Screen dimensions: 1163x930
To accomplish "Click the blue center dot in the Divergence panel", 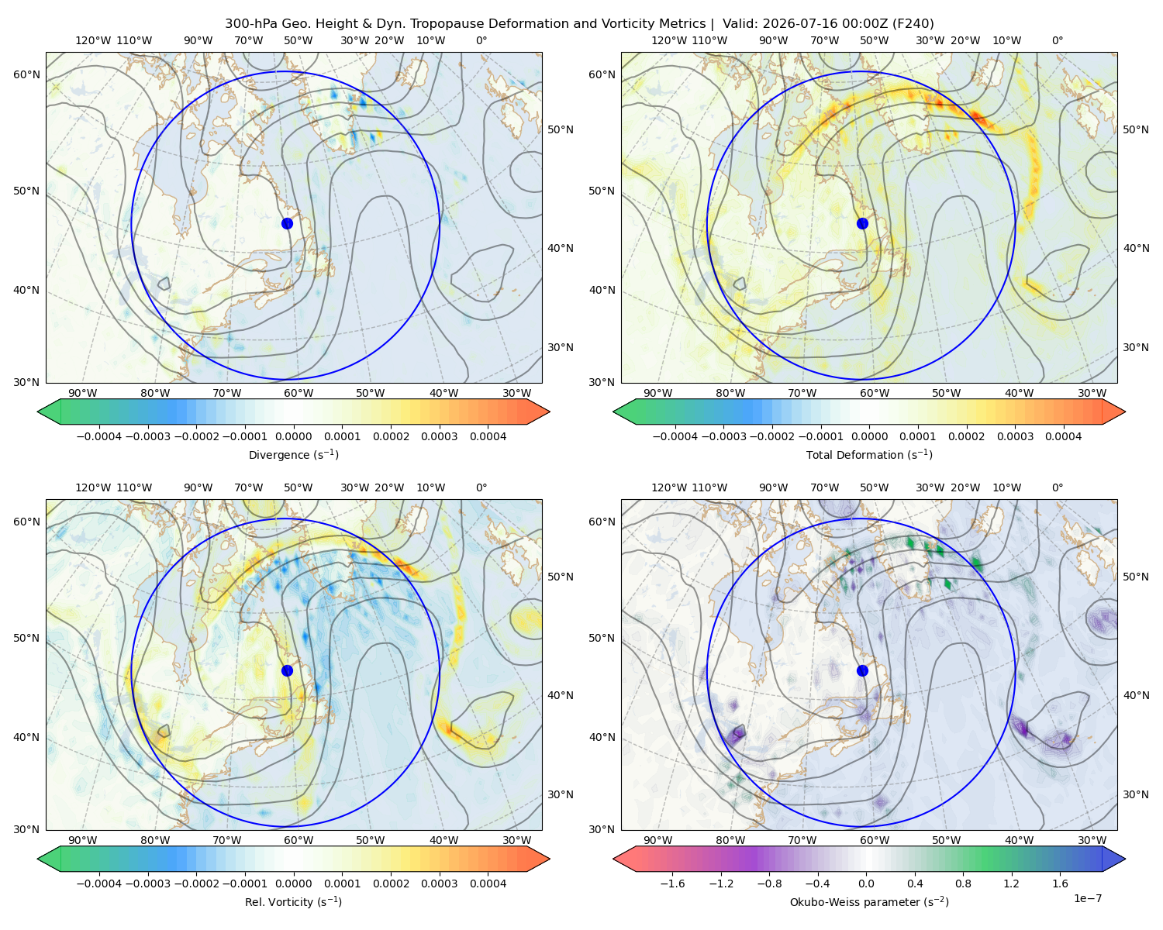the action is pos(287,223).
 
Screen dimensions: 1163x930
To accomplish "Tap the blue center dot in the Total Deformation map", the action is pos(862,223).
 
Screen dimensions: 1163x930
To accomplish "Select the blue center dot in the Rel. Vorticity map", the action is pos(287,670).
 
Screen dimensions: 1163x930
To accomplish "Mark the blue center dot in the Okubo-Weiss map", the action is pos(862,670).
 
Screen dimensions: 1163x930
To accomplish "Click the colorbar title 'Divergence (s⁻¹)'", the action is pos(293,454).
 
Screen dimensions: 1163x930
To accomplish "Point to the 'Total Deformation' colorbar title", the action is pos(869,454).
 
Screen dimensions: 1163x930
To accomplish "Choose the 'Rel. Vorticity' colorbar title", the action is pos(293,901).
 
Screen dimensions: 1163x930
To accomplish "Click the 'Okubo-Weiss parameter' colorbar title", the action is pos(869,901).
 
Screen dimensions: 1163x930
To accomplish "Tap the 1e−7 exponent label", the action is pos(1087,898).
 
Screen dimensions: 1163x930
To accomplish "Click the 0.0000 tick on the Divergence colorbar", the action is pos(293,436).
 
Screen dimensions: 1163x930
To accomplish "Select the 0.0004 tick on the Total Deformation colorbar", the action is pos(1063,436).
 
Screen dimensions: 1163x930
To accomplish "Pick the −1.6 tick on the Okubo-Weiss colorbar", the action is pos(672,883).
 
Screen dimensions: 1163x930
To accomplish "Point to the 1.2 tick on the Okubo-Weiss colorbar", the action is pos(1011,883).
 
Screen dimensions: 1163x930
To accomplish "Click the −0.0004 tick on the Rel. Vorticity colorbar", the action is pos(99,883).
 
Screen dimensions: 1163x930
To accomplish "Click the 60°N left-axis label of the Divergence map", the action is pos(26,74).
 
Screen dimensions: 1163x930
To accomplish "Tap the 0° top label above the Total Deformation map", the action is pos(1057,40).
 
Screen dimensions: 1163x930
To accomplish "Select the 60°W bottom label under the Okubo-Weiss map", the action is pos(875,840).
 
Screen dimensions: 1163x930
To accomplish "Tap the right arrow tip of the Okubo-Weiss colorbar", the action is pos(1125,859).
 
